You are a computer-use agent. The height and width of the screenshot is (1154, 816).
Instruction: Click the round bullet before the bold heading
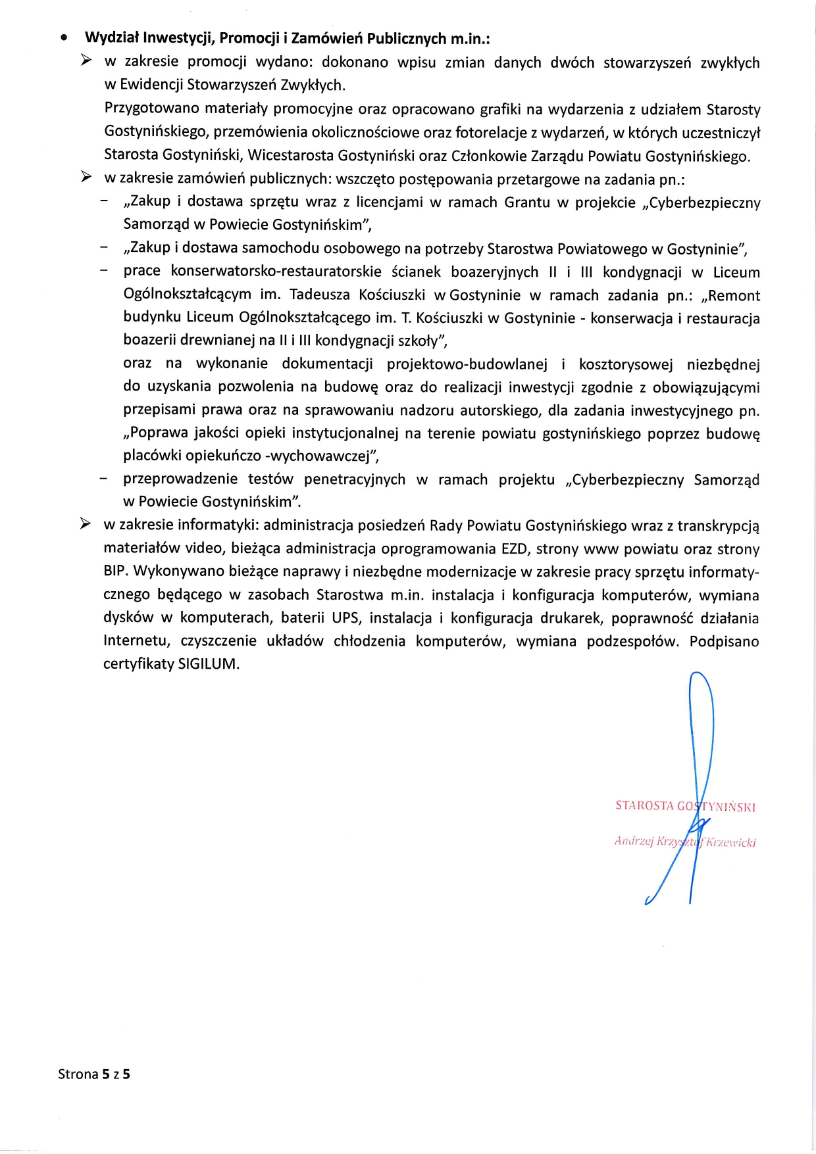(63, 39)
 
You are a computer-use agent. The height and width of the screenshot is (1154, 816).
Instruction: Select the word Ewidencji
(152, 85)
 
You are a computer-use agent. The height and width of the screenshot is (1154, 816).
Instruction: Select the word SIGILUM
(209, 664)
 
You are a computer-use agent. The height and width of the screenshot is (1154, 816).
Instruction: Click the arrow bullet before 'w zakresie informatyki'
(86, 525)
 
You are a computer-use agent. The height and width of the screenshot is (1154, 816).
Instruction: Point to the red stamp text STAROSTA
(644, 805)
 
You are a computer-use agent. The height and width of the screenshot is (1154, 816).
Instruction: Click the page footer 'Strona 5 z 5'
(94, 1074)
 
